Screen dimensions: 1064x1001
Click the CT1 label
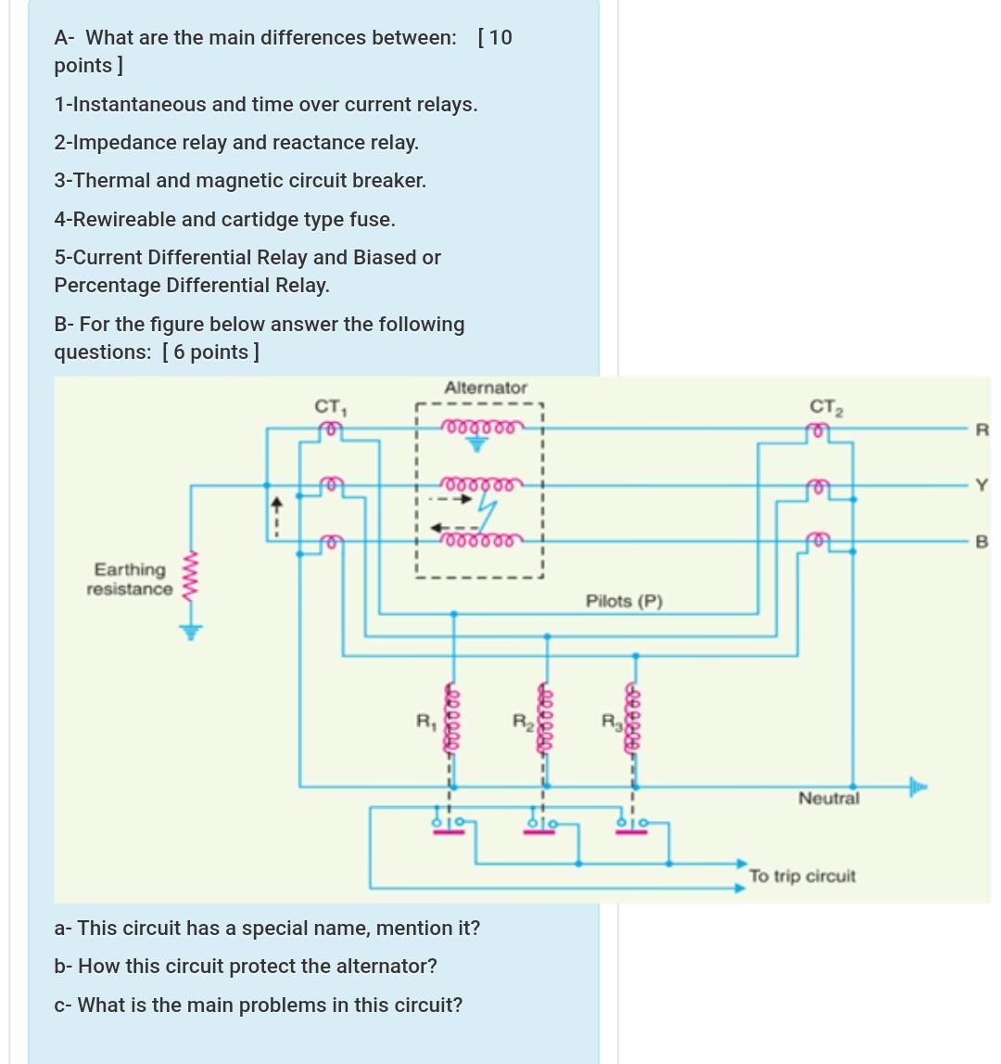(x=329, y=406)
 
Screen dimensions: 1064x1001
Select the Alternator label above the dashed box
(x=485, y=388)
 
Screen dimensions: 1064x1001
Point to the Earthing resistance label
(x=130, y=579)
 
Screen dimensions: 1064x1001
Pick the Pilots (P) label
(x=624, y=601)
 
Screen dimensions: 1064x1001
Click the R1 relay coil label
(x=424, y=720)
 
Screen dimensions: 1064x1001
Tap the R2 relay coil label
(x=522, y=720)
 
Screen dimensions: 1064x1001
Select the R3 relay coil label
(x=610, y=720)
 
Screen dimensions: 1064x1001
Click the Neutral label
(x=829, y=798)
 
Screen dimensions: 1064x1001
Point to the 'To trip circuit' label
(x=802, y=876)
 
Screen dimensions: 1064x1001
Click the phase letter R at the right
(x=982, y=429)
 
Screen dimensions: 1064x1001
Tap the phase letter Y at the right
(x=982, y=484)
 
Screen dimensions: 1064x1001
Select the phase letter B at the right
(x=982, y=542)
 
